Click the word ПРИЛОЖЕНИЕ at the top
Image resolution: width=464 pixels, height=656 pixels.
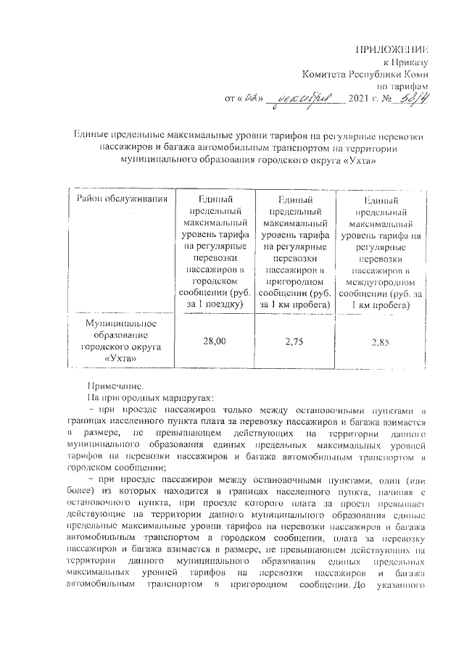coord(391,49)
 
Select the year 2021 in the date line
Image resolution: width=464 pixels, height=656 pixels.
coord(360,98)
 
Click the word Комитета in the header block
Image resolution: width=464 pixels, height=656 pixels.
coord(328,73)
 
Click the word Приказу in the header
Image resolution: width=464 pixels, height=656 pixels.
coord(411,62)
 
